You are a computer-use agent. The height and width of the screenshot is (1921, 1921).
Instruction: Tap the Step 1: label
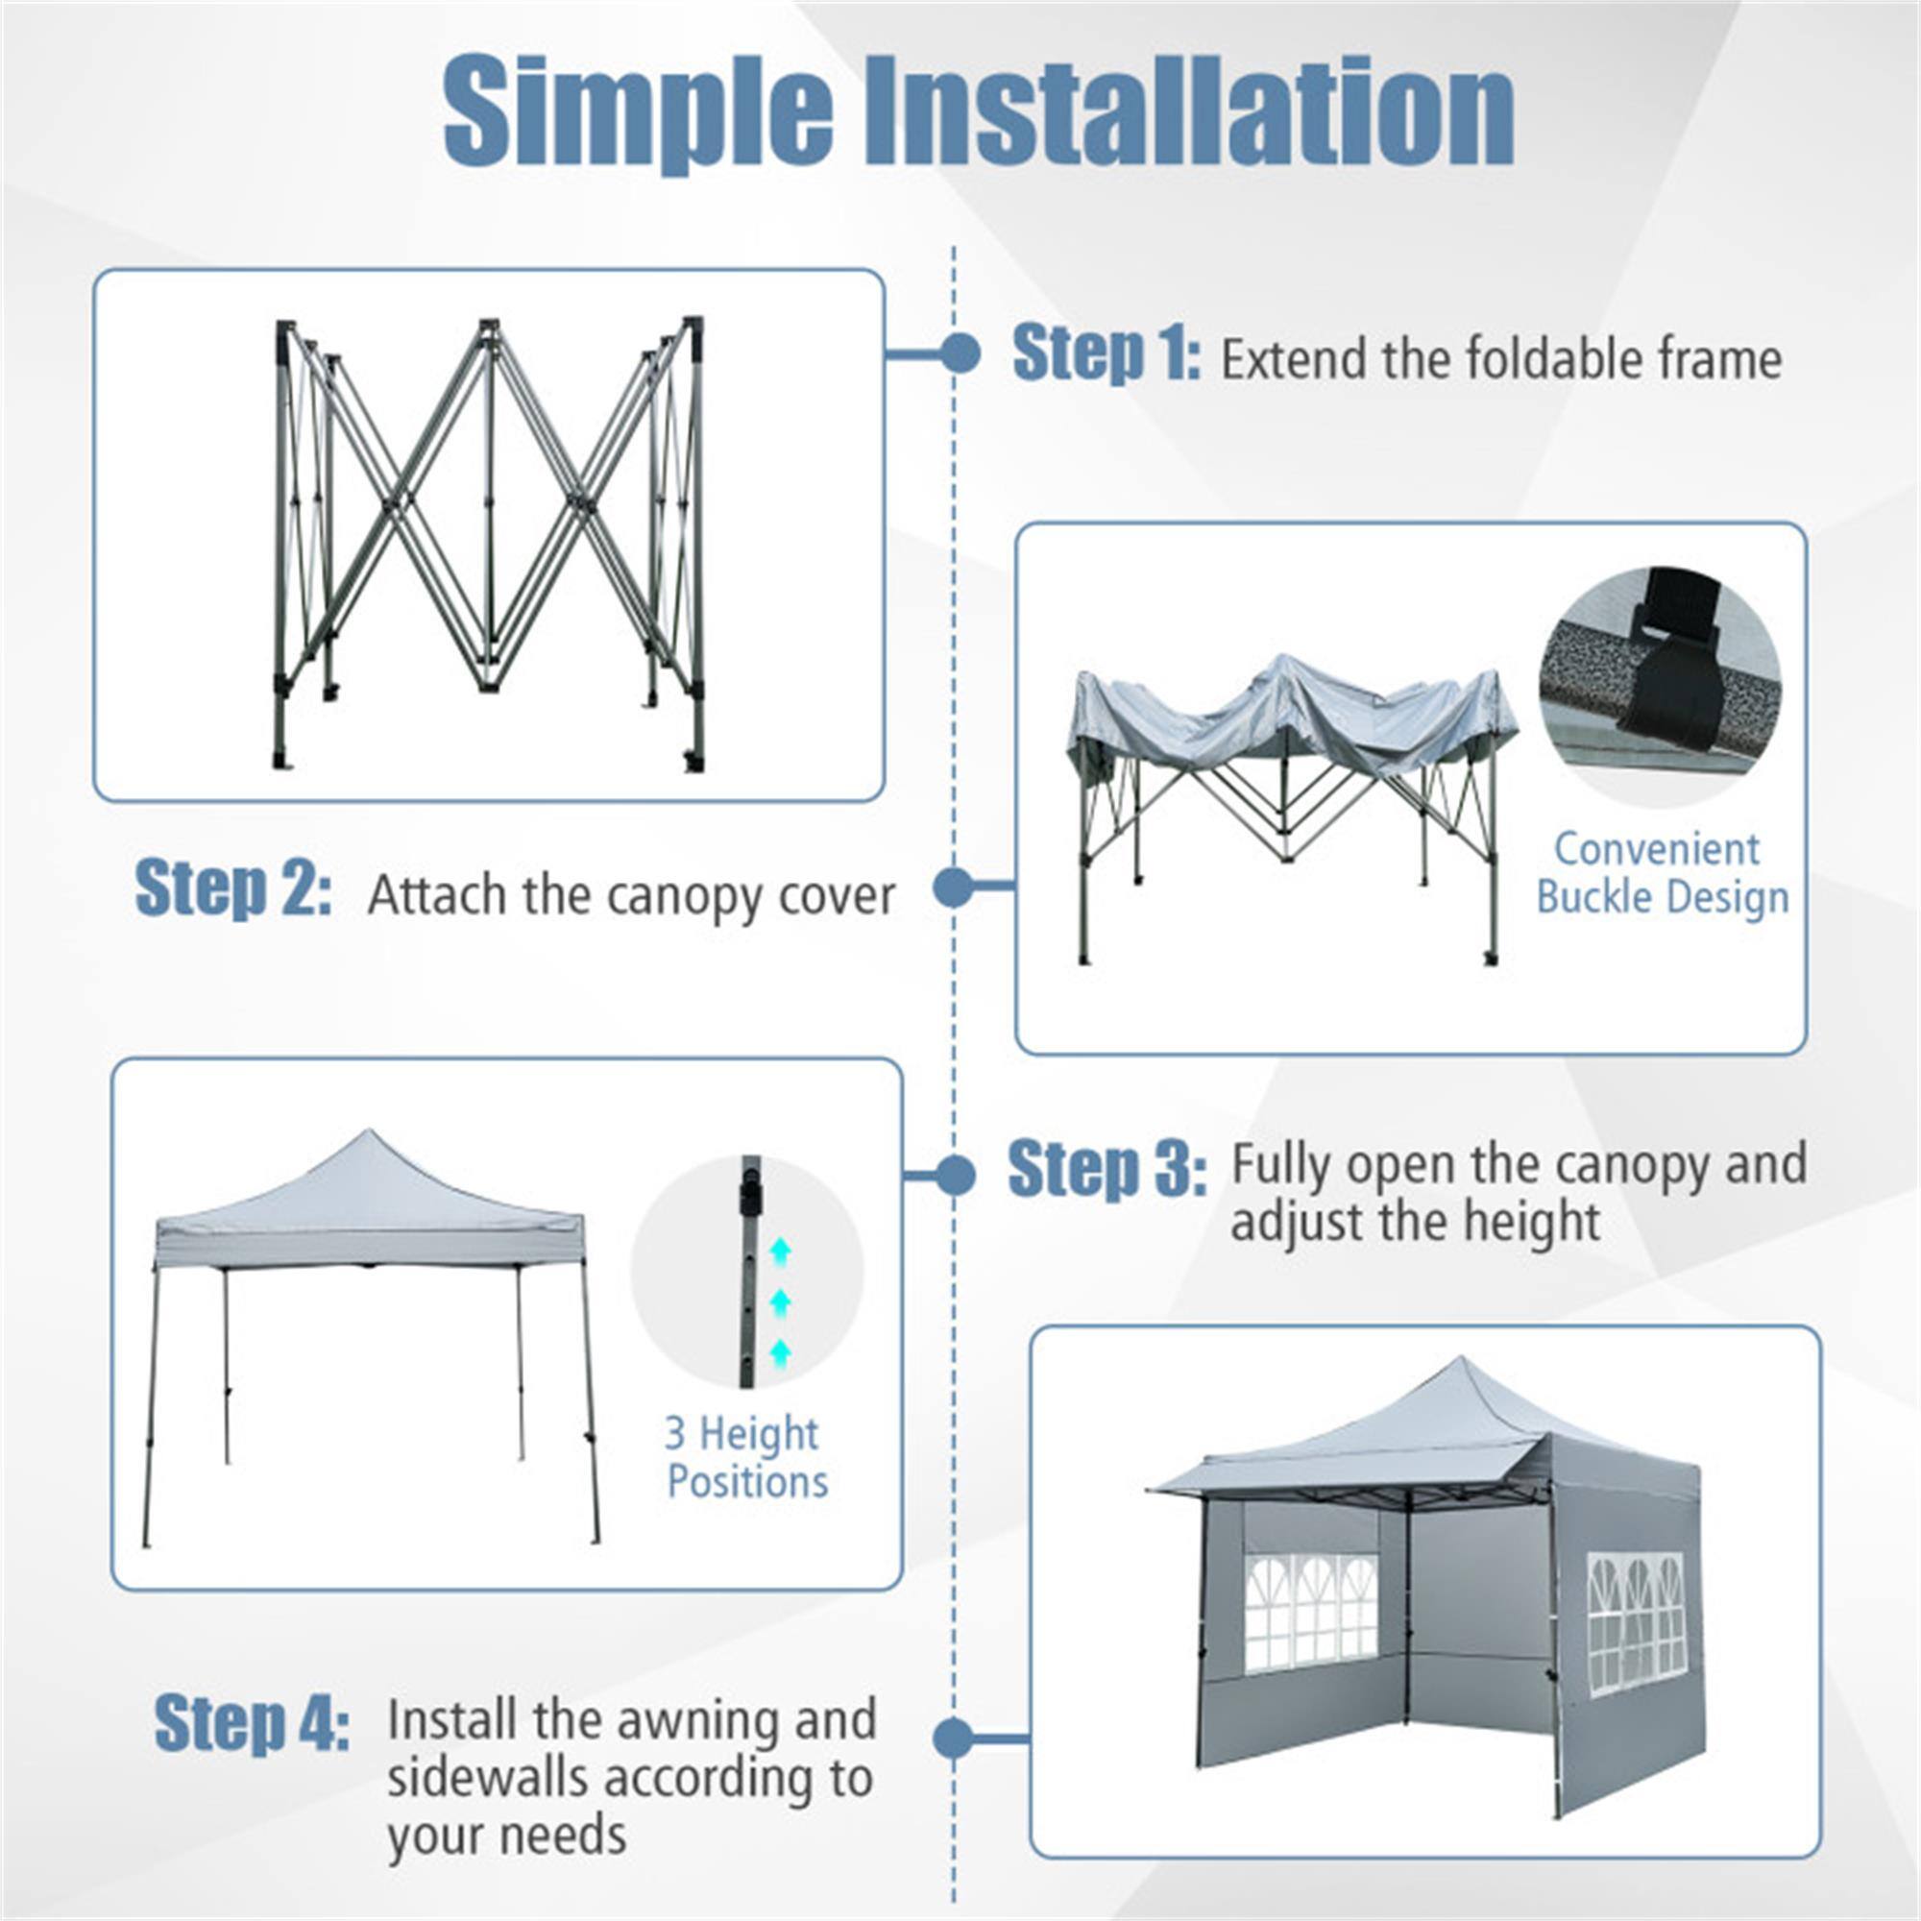pyautogui.click(x=1106, y=355)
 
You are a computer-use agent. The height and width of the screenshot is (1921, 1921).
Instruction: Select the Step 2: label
pyautogui.click(x=232, y=888)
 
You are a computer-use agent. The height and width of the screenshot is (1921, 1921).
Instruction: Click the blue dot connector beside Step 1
pyautogui.click(x=960, y=354)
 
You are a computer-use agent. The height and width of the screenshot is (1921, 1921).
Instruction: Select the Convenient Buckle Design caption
pyautogui.click(x=1662, y=873)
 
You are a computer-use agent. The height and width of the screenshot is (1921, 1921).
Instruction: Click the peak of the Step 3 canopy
pyautogui.click(x=369, y=1133)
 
